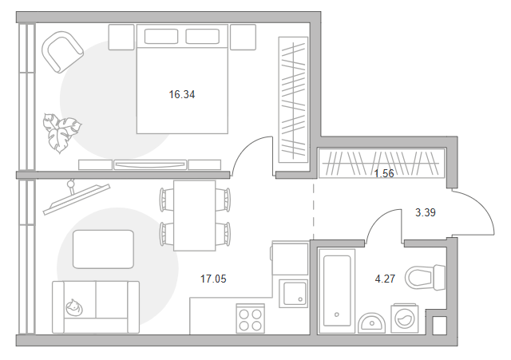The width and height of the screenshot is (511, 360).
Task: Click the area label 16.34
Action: click(181, 94)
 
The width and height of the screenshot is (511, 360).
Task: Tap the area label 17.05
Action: click(212, 279)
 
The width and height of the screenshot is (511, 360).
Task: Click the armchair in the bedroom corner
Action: click(62, 53)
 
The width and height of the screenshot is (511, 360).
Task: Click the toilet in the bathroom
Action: click(423, 278)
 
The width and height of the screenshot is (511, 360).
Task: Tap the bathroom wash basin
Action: click(370, 322)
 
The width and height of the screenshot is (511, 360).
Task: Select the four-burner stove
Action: click(252, 319)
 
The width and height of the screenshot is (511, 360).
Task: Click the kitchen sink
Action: click(293, 293)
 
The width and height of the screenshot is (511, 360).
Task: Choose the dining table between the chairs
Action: click(194, 214)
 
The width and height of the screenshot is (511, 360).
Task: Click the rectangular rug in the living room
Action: click(104, 249)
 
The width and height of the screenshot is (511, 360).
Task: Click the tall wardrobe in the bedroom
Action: click(293, 97)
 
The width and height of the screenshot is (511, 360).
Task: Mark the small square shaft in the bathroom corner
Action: click(438, 326)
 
